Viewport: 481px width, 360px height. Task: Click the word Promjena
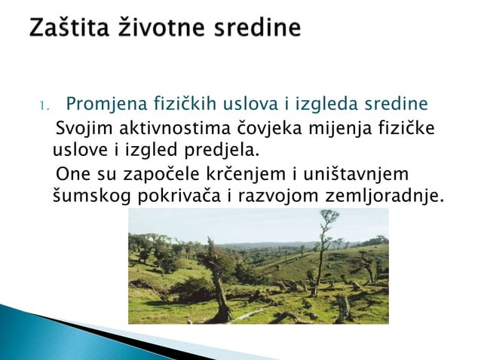(102, 102)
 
